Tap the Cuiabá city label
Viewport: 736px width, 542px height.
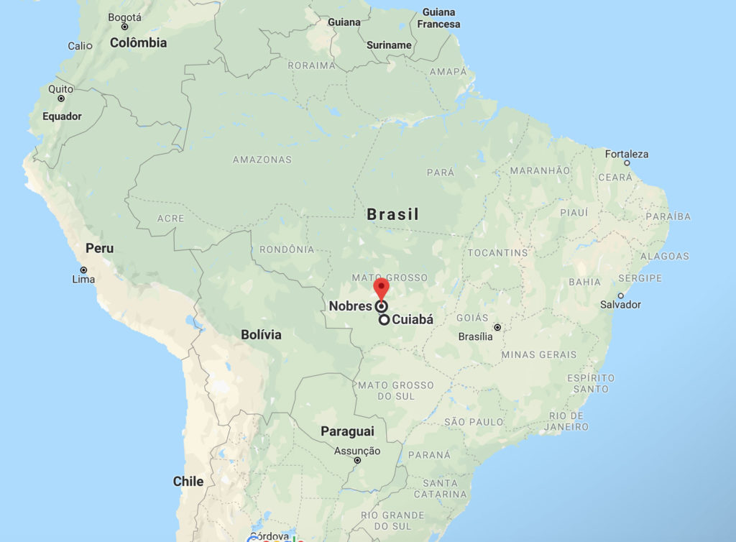tap(413, 320)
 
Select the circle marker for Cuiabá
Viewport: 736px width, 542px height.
tap(385, 320)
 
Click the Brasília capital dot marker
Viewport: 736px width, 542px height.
tap(497, 327)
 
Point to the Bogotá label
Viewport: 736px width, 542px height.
tap(124, 17)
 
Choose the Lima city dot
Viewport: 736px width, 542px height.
tap(84, 270)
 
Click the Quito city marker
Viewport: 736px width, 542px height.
tap(61, 98)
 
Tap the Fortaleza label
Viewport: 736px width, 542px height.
tap(626, 154)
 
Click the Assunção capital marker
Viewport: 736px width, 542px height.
tap(357, 460)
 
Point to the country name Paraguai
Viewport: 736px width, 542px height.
tap(347, 431)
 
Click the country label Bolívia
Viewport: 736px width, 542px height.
tap(261, 335)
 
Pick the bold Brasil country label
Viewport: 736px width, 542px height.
tap(392, 214)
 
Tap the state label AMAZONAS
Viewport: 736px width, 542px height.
tap(262, 160)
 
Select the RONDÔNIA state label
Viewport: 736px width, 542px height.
tap(287, 249)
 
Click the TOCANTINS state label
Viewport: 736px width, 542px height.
tap(497, 253)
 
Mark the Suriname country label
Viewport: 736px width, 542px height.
tap(389, 45)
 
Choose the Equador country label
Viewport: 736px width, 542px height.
tap(62, 116)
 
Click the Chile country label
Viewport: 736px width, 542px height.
tap(188, 482)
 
